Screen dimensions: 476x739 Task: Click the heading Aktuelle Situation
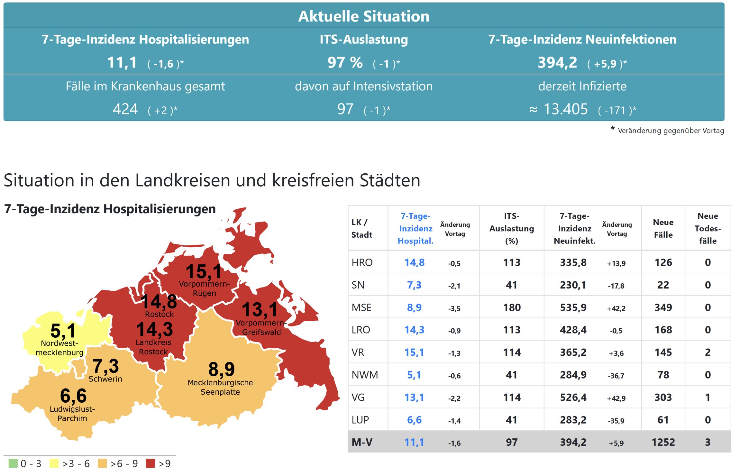(364, 16)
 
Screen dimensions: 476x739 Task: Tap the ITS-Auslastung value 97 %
(345, 62)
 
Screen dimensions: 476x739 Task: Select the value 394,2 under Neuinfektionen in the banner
(557, 62)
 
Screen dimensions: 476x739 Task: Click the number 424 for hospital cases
(125, 109)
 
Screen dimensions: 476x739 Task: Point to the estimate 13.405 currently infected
(565, 109)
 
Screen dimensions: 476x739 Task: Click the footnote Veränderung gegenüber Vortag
(671, 131)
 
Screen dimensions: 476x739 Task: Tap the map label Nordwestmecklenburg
(59, 348)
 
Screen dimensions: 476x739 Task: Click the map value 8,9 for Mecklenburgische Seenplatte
(222, 369)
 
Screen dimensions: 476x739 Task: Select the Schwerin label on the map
(105, 379)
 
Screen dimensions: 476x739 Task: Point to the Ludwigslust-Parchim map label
(72, 414)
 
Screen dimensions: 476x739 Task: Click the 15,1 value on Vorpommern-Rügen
(204, 271)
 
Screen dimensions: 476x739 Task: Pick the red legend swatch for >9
(151, 463)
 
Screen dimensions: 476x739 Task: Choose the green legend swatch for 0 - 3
(13, 463)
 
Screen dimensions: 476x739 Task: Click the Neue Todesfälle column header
(707, 228)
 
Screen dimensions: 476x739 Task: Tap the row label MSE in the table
(361, 307)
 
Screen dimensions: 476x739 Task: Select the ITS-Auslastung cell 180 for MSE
(512, 307)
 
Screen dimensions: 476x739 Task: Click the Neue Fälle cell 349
(663, 307)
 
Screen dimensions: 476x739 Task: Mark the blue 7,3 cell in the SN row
(414, 285)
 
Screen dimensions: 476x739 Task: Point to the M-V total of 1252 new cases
(663, 442)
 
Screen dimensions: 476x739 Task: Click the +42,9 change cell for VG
(616, 398)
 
